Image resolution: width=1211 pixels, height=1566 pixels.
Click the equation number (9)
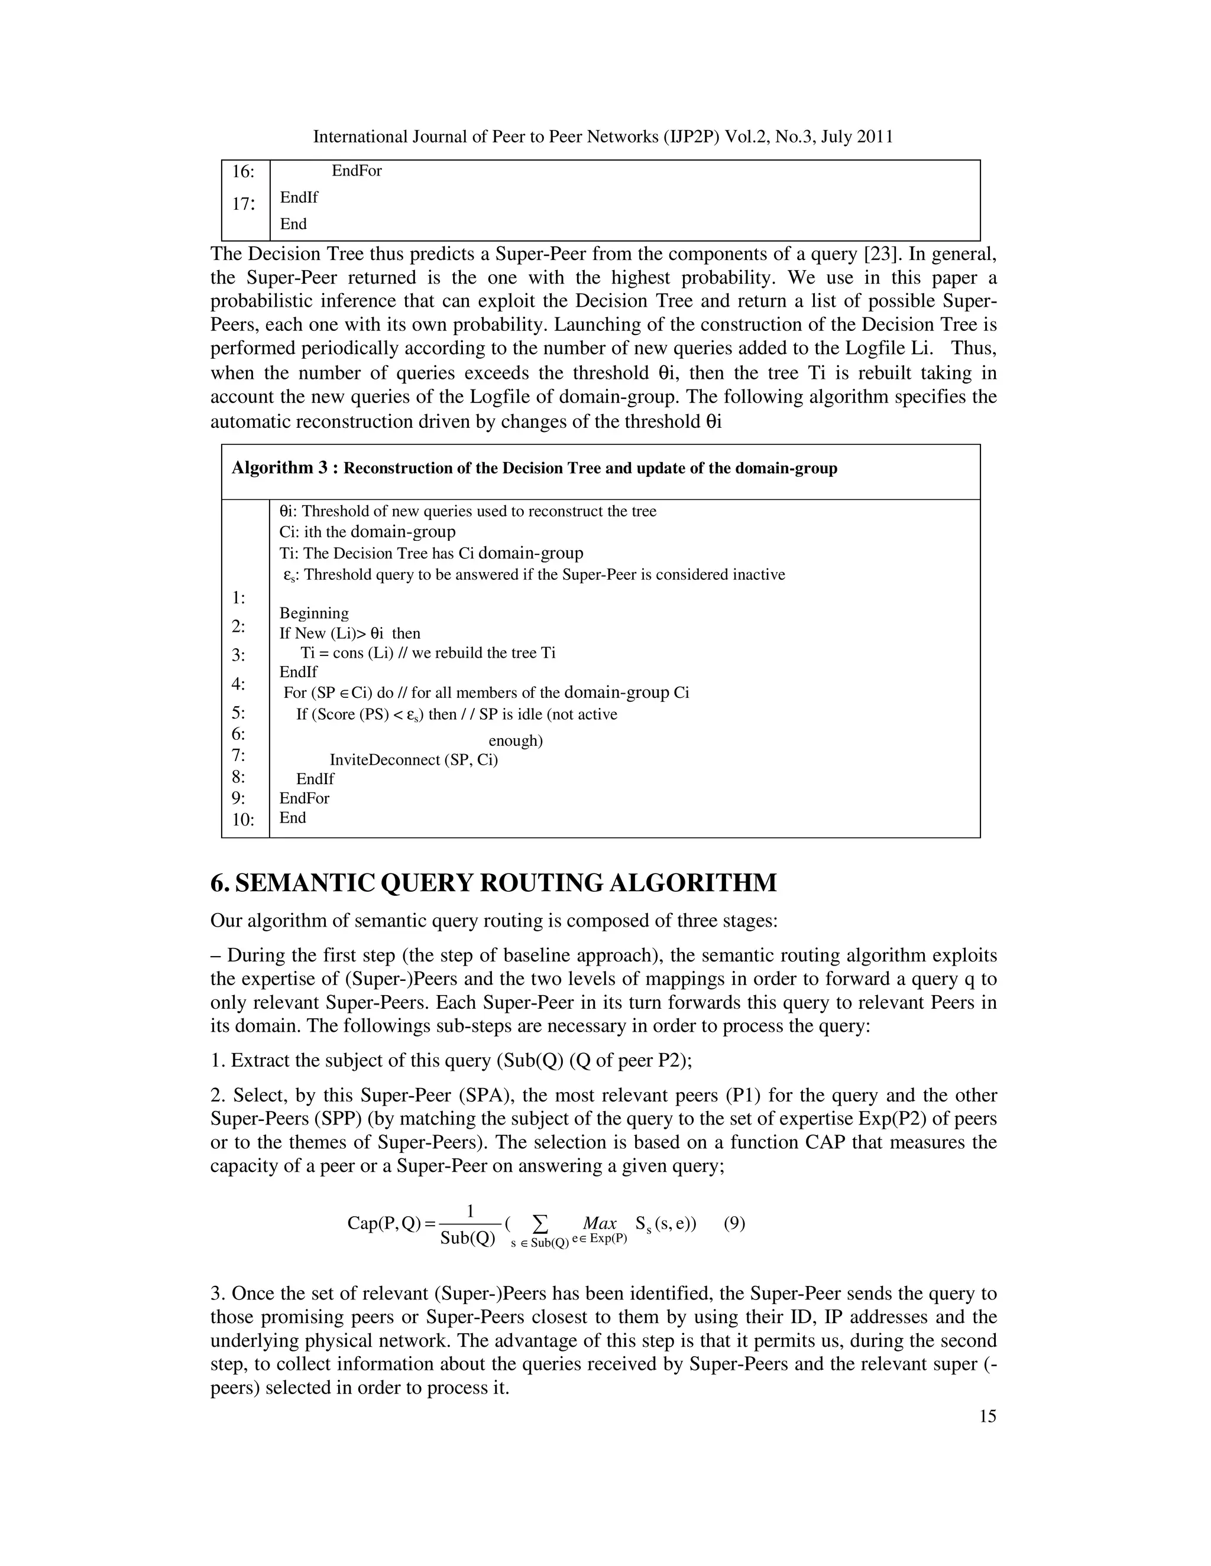tap(734, 1223)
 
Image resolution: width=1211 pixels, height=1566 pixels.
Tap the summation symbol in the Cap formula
tap(541, 1222)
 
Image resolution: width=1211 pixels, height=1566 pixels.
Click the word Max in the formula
tap(600, 1223)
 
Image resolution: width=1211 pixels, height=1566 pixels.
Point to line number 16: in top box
tap(243, 172)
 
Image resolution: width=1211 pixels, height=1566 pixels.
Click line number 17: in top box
tap(243, 204)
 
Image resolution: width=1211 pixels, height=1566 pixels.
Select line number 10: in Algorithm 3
tap(243, 820)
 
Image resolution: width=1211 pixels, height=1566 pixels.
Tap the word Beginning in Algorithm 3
tap(313, 613)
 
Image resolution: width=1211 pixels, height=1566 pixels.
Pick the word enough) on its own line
tap(515, 740)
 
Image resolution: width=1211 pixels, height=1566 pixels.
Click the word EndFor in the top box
tap(357, 171)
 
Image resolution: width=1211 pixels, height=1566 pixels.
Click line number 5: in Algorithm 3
tap(238, 713)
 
